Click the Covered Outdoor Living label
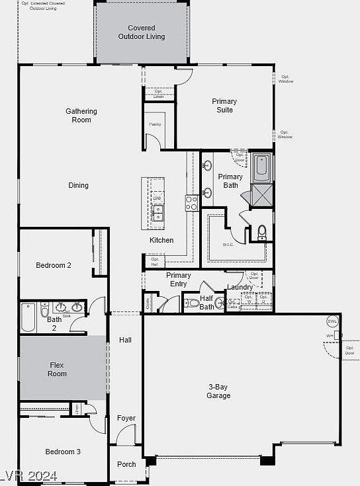point(142,32)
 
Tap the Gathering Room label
point(81,116)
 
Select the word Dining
point(78,186)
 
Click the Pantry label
point(156,124)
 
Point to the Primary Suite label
point(224,106)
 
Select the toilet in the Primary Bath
point(261,232)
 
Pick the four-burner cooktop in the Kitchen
point(191,203)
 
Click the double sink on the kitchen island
point(157,212)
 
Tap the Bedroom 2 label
point(54,266)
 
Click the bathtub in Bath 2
point(28,318)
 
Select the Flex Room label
point(58,370)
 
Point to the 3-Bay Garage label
point(218,391)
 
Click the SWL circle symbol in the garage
point(332,321)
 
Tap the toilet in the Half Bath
point(191,304)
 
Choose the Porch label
point(126,465)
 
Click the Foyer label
point(126,419)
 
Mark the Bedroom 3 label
point(63,452)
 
